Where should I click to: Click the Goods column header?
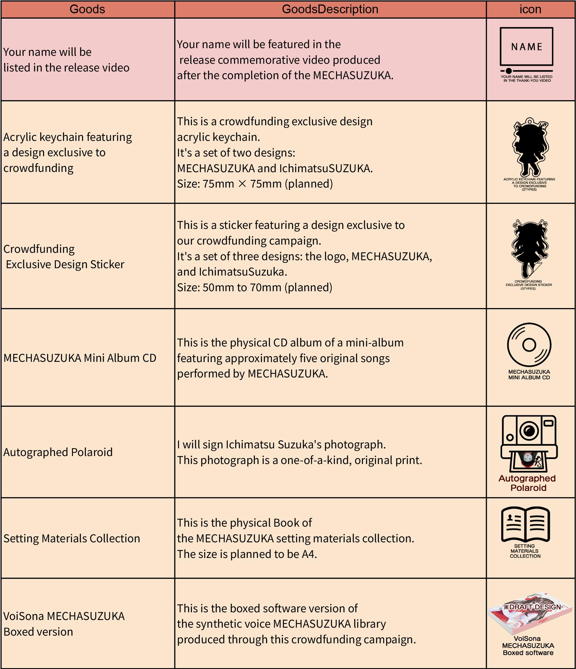(x=87, y=9)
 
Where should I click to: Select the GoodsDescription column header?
(x=330, y=9)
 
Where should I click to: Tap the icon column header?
(x=530, y=9)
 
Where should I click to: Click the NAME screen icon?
(x=526, y=47)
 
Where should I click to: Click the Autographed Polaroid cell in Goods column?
(x=58, y=452)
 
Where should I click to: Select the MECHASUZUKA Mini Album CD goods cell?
(x=80, y=358)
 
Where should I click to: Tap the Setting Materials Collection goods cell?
(x=72, y=538)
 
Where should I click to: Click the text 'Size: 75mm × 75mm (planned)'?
(x=255, y=184)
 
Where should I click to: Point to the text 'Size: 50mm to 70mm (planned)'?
(x=254, y=287)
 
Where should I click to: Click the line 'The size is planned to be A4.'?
(x=247, y=554)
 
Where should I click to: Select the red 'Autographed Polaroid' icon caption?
(x=527, y=483)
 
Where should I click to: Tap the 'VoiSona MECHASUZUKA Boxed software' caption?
(x=528, y=646)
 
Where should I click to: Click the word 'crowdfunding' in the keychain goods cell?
(x=38, y=168)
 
